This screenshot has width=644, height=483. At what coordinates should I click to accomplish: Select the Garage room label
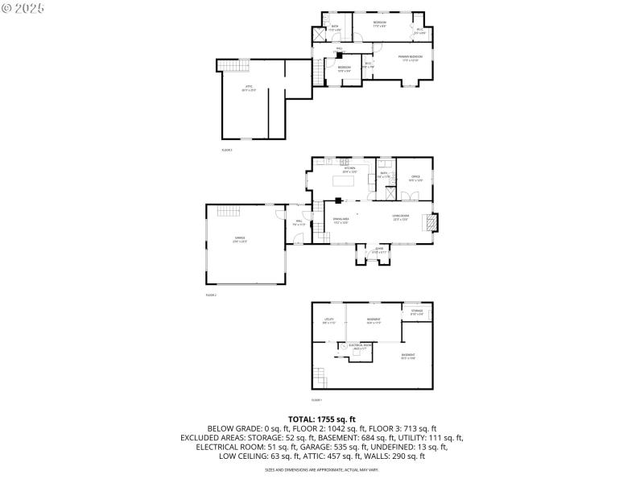pyautogui.click(x=240, y=239)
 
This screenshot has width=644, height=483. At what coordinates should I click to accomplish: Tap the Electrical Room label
pyautogui.click(x=361, y=346)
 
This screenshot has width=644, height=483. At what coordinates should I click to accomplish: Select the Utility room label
pyautogui.click(x=328, y=320)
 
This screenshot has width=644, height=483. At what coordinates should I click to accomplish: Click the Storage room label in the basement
pyautogui.click(x=416, y=312)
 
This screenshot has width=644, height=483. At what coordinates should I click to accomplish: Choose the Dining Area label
pyautogui.click(x=341, y=220)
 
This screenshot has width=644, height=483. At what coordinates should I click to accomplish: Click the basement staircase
pyautogui.click(x=321, y=376)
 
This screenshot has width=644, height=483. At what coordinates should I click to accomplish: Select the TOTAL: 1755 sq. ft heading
pyautogui.click(x=322, y=419)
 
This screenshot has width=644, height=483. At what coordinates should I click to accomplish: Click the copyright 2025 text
pyautogui.click(x=23, y=7)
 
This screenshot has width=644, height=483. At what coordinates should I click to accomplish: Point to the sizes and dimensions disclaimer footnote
pyautogui.click(x=322, y=469)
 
